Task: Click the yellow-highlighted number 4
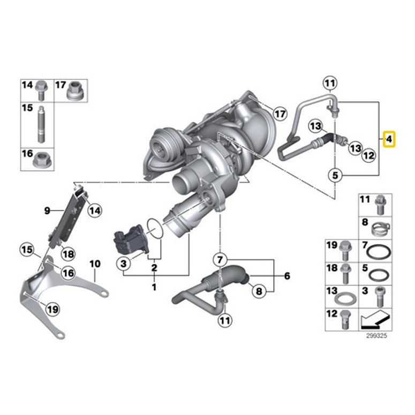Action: pos(390,140)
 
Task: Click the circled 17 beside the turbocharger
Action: pos(279,113)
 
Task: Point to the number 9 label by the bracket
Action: pos(47,211)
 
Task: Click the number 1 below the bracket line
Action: pos(154,288)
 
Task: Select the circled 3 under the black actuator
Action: pos(123,263)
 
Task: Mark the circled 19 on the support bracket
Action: pos(51,309)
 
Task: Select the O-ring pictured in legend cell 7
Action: pos(379,252)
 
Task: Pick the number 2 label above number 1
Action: pos(154,267)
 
